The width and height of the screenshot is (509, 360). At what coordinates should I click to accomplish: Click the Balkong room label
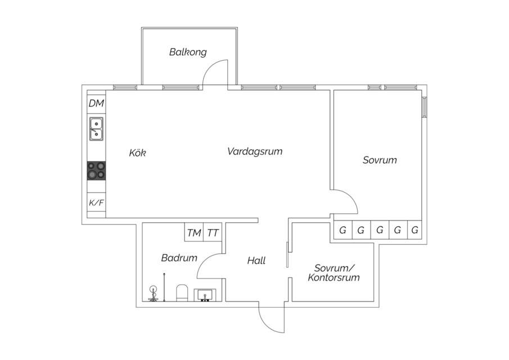coord(188,52)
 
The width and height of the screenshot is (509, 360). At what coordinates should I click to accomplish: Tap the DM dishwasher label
coord(96,103)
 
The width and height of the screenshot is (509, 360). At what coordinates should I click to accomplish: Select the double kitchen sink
coord(96,129)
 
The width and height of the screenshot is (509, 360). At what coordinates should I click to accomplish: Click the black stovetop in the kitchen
coord(96,171)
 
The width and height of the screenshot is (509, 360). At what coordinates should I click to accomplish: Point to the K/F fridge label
coord(96,203)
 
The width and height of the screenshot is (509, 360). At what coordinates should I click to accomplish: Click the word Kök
coord(138,152)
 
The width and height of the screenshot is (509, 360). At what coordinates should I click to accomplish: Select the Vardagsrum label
coord(255,151)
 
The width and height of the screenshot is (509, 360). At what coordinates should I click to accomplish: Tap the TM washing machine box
coord(194,232)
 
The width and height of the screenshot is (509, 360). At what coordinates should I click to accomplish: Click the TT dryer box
coord(213,232)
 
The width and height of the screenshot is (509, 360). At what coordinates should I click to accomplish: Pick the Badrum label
coord(179,258)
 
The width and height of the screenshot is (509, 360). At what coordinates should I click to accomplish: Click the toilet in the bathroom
coord(182,293)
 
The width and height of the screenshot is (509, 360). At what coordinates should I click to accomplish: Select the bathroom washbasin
coord(205,295)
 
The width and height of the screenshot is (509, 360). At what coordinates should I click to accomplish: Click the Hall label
coord(256,260)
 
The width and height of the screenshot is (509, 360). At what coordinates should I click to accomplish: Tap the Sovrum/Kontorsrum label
coord(334,273)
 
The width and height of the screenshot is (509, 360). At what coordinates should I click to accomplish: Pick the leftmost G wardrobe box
coord(343,230)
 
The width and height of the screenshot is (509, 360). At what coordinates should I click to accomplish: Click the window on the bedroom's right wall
coord(424,106)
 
